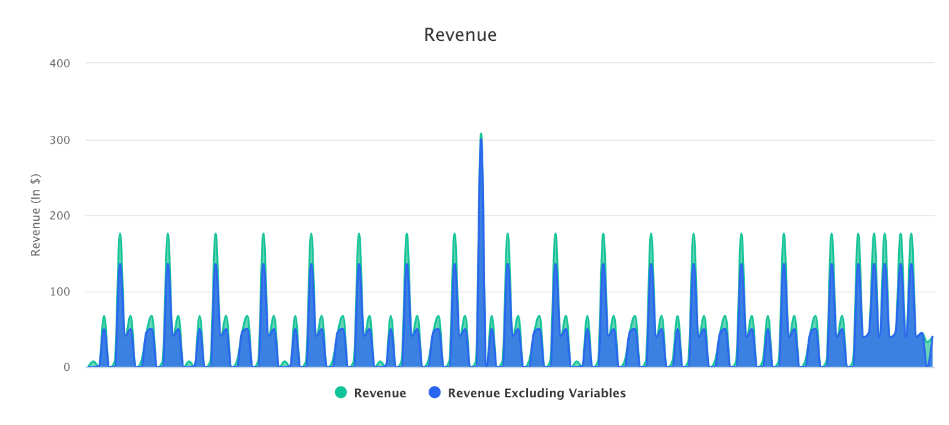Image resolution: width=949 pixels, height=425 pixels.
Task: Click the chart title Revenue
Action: (x=460, y=35)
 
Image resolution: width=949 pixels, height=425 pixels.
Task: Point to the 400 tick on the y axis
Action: (x=60, y=63)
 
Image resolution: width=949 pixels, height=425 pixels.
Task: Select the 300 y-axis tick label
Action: (x=60, y=140)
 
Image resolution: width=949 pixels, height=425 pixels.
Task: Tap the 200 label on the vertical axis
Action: (x=60, y=216)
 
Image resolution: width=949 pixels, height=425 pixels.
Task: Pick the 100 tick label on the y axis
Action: (x=60, y=292)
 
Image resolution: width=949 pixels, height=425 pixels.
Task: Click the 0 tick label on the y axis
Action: (x=66, y=367)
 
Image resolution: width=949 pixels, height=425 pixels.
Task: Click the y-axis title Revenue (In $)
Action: (x=36, y=215)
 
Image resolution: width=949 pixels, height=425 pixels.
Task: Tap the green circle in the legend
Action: (x=341, y=393)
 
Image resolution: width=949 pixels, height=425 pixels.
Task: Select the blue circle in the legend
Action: (x=434, y=393)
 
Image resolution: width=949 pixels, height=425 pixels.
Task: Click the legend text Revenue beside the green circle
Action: (x=380, y=394)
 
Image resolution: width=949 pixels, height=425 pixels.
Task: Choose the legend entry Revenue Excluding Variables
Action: (x=536, y=394)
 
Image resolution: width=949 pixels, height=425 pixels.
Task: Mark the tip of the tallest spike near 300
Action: (x=481, y=134)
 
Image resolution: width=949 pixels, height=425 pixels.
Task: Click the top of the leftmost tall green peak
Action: (x=119, y=234)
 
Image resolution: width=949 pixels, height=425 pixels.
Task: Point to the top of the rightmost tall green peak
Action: (x=911, y=234)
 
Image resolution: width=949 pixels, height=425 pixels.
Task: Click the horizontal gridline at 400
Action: (x=503, y=63)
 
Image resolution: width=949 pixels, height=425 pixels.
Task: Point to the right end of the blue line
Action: (x=932, y=337)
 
